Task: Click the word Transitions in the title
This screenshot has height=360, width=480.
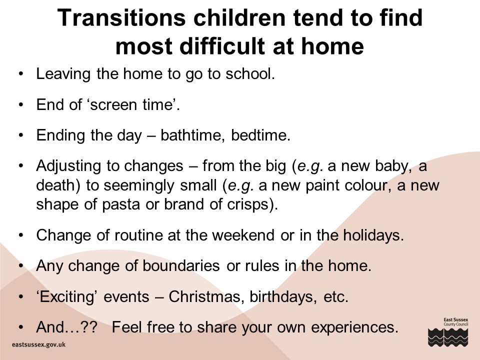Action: coord(122,18)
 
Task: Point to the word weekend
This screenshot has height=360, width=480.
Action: coord(243,235)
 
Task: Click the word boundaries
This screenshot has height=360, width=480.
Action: coord(181,265)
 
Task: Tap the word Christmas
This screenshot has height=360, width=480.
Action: coord(205,296)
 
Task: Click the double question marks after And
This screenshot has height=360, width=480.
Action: coord(89,327)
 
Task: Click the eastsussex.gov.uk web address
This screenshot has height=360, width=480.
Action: coord(38,344)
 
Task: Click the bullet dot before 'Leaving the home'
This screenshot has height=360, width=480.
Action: coord(21,74)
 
